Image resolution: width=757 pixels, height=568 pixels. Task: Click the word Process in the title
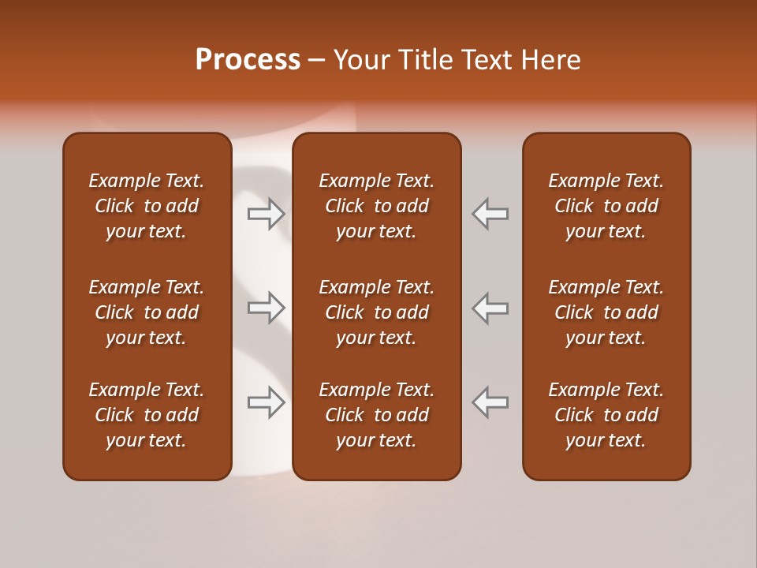pos(248,60)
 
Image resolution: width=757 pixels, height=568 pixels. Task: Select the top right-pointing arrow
pos(266,214)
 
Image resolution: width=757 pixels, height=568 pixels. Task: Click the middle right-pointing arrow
pos(266,308)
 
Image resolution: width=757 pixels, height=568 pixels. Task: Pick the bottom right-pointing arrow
pos(266,402)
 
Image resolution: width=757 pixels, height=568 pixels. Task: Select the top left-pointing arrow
pos(490,214)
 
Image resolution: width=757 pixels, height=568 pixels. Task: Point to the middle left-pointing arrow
pos(490,308)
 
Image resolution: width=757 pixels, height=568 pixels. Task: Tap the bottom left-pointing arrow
pos(490,402)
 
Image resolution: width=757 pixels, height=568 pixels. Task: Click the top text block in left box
pos(147,206)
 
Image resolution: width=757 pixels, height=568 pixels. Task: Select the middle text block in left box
pos(147,312)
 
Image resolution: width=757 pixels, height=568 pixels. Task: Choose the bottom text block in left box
pos(147,415)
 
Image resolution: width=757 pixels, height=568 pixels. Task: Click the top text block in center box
pos(377,206)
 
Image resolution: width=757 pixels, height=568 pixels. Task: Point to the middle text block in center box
pos(377,312)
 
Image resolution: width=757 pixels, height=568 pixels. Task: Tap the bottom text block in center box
pos(377,415)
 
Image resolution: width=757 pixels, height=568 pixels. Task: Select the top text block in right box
pos(606,206)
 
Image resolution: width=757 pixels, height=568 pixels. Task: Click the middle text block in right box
pos(606,312)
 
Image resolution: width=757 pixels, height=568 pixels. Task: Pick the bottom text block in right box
pos(606,415)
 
